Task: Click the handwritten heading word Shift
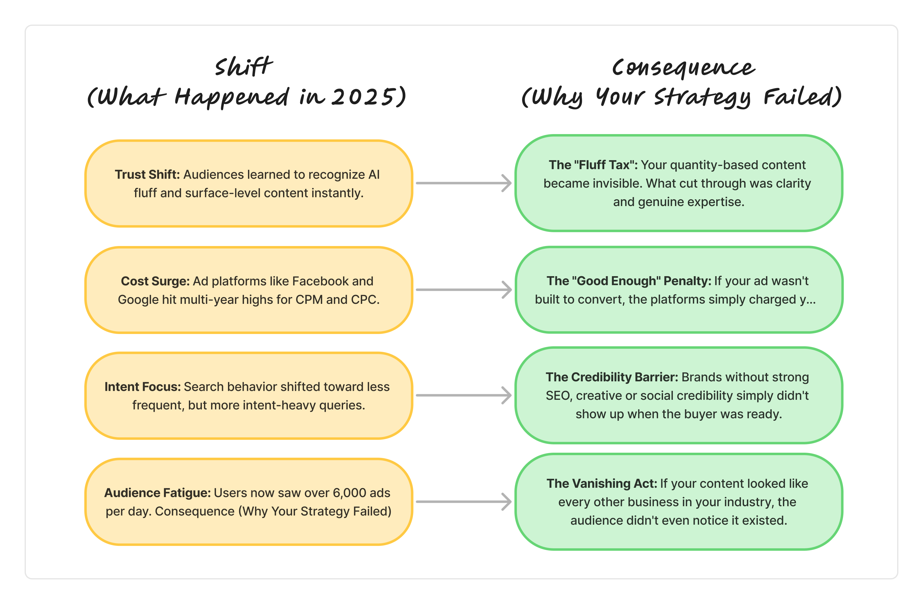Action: coord(244,67)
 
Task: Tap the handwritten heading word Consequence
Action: coord(683,68)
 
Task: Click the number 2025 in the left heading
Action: coord(363,97)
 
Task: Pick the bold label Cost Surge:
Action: coord(155,281)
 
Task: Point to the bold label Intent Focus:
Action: coord(142,387)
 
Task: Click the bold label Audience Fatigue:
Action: coord(157,493)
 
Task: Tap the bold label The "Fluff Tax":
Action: coord(593,165)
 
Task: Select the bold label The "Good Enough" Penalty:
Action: coord(629,281)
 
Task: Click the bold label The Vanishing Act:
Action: coord(601,483)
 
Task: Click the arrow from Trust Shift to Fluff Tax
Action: coord(463,183)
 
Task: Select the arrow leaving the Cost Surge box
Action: coord(463,290)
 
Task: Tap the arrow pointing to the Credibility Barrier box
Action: coord(463,395)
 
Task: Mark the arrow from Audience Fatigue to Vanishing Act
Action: coord(463,502)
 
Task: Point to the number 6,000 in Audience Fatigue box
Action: coord(349,493)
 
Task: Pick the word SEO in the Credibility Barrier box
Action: coord(559,396)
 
